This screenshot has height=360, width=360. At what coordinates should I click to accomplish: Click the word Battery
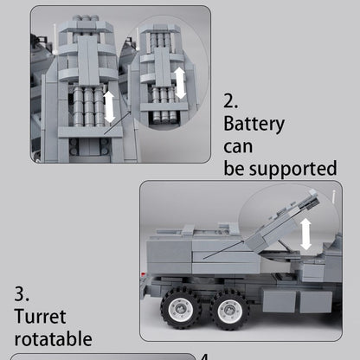point(254,123)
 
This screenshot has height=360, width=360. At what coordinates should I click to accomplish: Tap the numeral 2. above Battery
point(233,100)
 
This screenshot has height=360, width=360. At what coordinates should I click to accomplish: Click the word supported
point(292,167)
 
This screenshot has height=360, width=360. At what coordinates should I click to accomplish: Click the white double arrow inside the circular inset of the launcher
point(179,82)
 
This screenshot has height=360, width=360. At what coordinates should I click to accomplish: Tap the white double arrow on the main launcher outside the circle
point(110,106)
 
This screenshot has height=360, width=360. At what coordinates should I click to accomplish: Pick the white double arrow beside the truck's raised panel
point(306,234)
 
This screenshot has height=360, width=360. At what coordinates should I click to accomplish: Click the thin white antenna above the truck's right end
point(333,216)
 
